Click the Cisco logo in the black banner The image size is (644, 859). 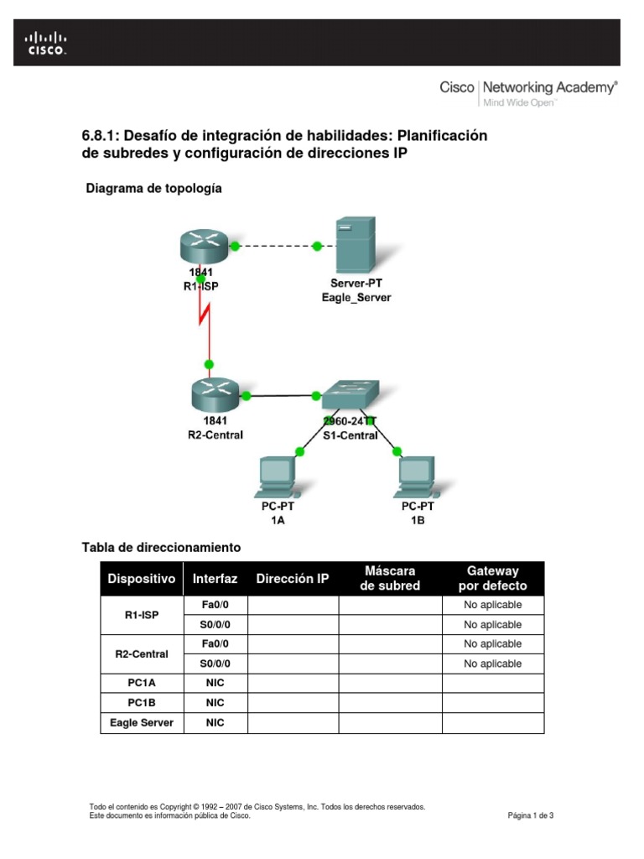[x=45, y=43]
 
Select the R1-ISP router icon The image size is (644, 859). [x=203, y=244]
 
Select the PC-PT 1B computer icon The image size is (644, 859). [x=417, y=475]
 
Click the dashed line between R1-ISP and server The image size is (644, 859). [x=276, y=246]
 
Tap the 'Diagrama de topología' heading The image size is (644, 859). [x=153, y=189]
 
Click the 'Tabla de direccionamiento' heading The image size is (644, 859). [x=161, y=547]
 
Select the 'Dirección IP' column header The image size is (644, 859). [x=293, y=579]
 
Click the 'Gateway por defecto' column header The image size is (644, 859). [x=492, y=578]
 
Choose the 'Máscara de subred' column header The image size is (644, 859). [x=389, y=578]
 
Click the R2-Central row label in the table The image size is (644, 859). [x=142, y=653]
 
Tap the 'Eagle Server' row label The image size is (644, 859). [x=142, y=722]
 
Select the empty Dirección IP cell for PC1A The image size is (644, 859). [x=293, y=683]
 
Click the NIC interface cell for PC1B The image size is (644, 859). [x=216, y=702]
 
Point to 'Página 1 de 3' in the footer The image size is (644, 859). [x=531, y=815]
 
